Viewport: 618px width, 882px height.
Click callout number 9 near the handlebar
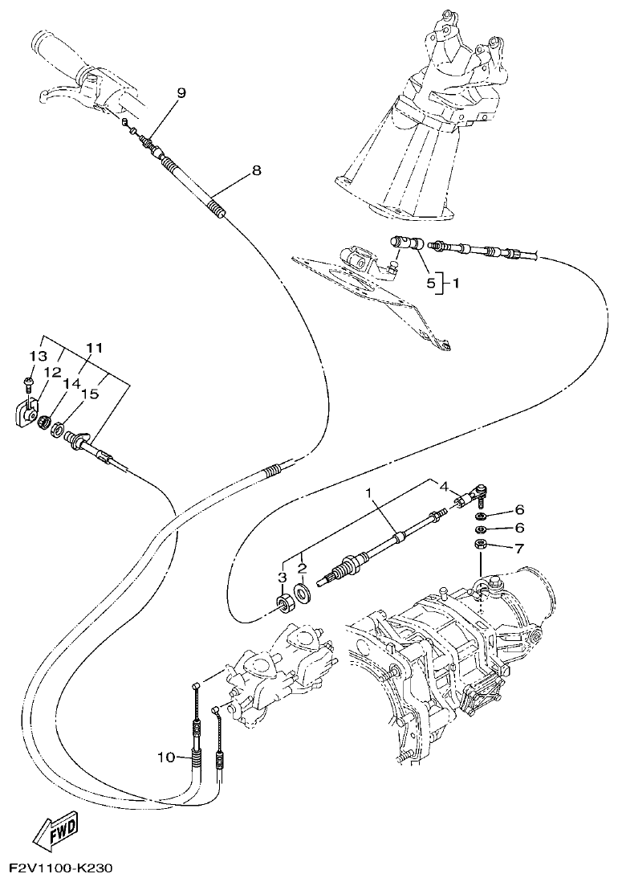click(x=181, y=93)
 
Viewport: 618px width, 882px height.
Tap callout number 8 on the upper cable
click(x=256, y=170)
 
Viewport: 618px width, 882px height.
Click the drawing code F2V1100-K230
click(x=61, y=869)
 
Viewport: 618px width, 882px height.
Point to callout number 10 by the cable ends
click(x=165, y=757)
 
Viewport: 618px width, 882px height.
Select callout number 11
click(x=95, y=348)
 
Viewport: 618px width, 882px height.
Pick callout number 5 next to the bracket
click(x=430, y=283)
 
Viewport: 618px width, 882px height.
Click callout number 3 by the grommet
click(x=282, y=577)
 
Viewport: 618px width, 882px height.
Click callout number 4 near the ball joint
click(x=442, y=485)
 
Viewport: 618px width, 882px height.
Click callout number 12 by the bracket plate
click(x=52, y=372)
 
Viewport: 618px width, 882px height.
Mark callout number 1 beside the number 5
click(x=456, y=283)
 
